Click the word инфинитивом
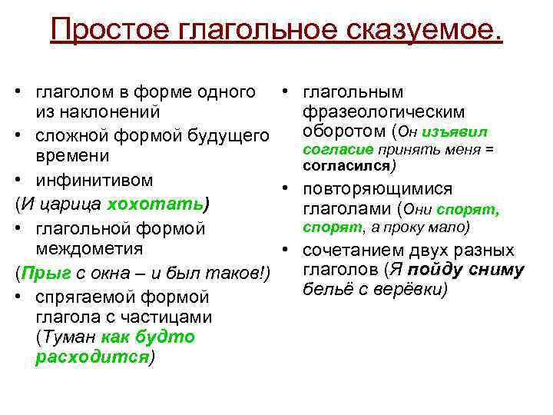coord(94,181)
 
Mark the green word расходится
coord(93,359)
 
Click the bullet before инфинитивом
coord(18,181)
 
